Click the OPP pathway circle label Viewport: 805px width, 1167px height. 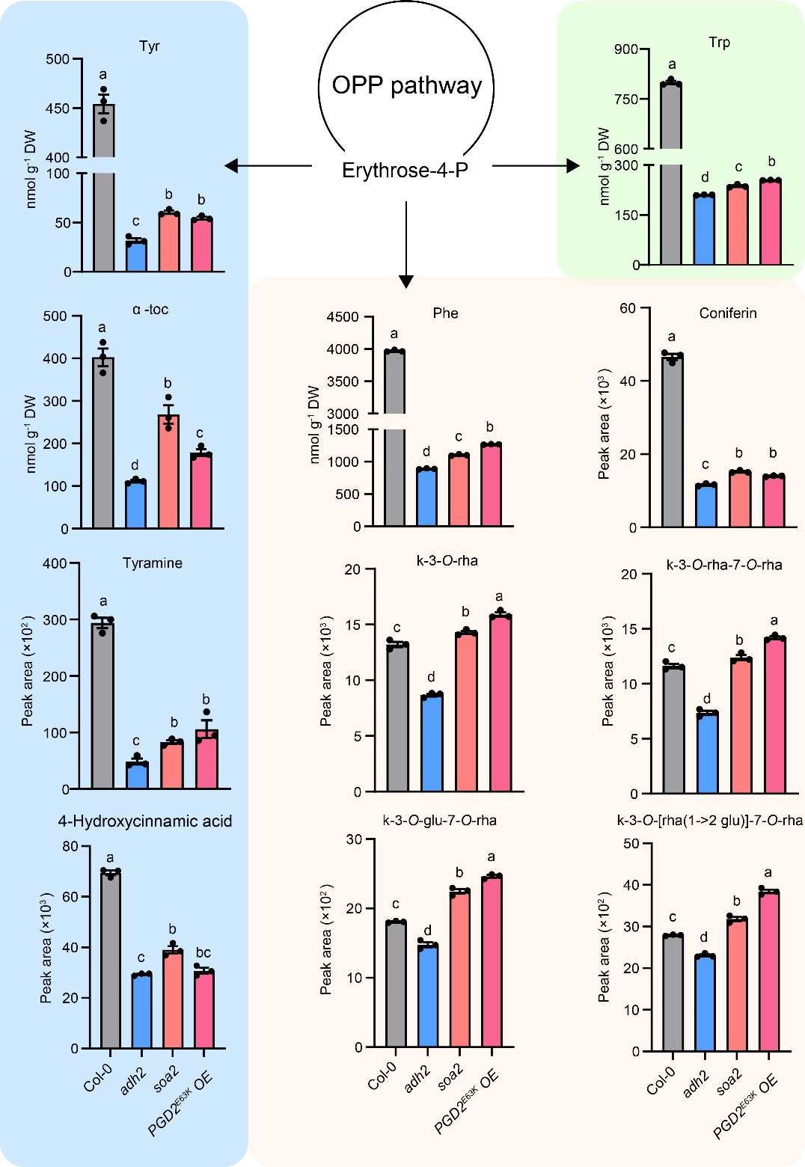tap(406, 85)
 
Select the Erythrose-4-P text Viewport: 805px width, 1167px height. tap(405, 171)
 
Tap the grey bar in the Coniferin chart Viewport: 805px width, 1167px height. tap(672, 441)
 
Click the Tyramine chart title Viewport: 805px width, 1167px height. tap(153, 563)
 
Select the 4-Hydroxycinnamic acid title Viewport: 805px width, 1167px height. tap(145, 821)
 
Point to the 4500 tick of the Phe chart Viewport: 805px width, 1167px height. tap(343, 317)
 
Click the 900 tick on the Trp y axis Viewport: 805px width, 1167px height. tap(626, 49)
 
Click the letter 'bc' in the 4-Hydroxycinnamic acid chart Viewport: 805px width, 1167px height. tap(203, 953)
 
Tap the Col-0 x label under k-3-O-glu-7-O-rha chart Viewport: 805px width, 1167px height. tap(382, 1078)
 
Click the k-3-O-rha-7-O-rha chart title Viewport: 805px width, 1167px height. tap(724, 565)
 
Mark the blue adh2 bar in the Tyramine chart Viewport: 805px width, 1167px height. tap(137, 775)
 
